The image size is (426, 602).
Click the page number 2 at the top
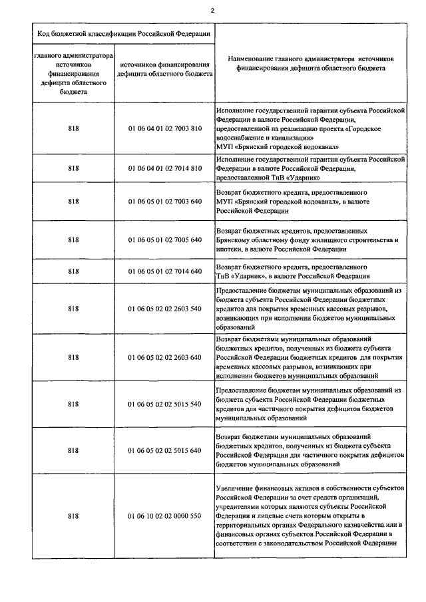tap(212, 10)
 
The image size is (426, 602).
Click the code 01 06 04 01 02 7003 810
tap(164, 129)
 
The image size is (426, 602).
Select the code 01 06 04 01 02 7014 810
tap(164, 169)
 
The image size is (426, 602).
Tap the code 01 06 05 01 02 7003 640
tap(164, 201)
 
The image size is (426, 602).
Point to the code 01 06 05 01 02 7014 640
tap(164, 271)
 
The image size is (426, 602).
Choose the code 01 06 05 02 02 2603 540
tap(164, 309)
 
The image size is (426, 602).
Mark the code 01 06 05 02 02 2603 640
tap(164, 357)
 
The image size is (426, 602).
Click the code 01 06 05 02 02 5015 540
tap(164, 404)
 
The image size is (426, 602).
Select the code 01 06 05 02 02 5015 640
tap(164, 450)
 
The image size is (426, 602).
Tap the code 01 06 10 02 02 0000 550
tap(164, 516)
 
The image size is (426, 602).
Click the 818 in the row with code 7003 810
tap(73, 129)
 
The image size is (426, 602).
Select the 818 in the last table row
tap(73, 516)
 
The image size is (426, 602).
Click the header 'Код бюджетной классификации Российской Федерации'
tap(124, 33)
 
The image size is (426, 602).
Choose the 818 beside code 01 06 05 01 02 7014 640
tap(73, 271)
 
